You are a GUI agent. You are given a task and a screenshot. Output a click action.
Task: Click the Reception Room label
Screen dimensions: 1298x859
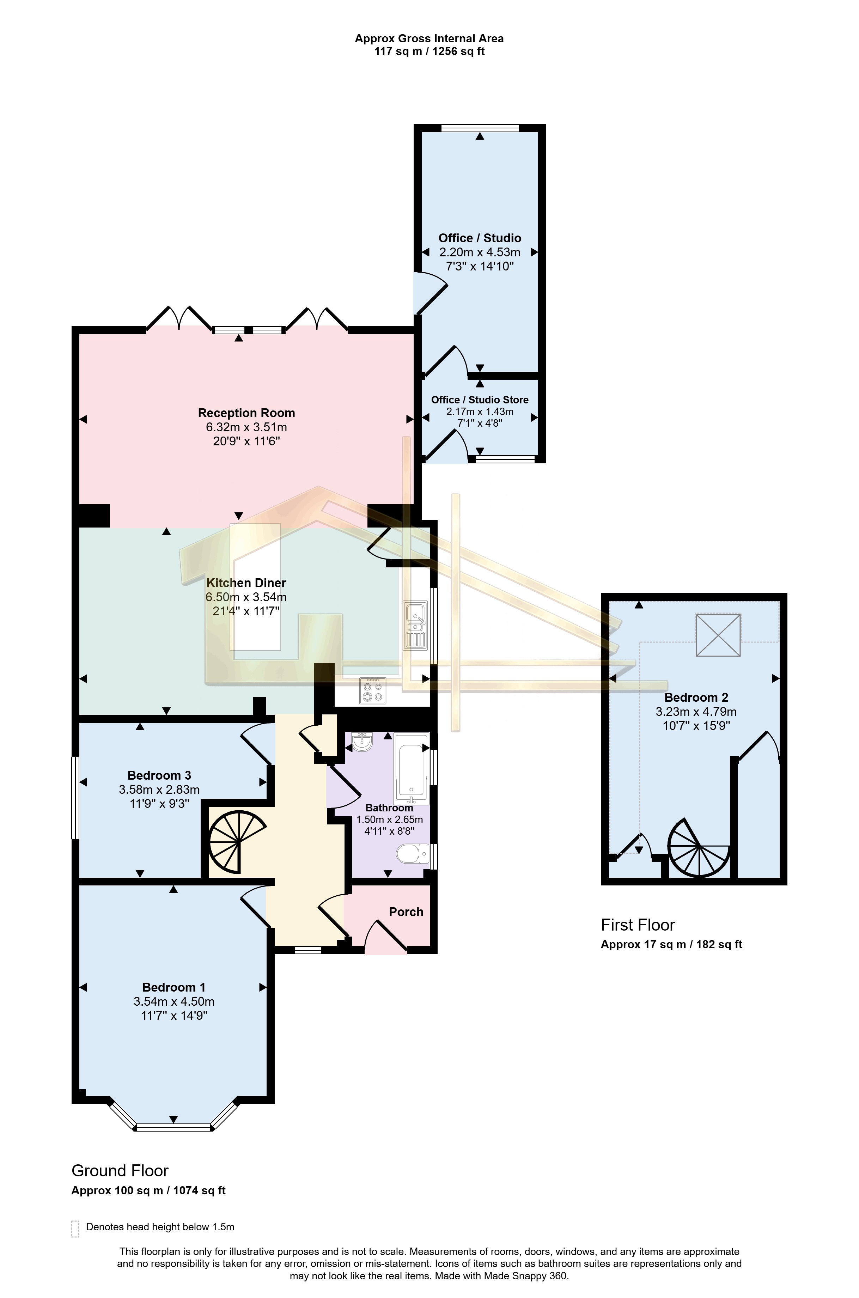[x=246, y=413]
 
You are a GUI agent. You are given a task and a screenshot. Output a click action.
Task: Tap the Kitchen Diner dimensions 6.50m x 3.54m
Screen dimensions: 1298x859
[x=246, y=597]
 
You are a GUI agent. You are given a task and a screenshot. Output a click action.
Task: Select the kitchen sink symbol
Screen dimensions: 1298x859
[x=415, y=626]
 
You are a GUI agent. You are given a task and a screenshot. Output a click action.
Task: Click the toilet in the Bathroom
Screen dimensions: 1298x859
[x=412, y=853]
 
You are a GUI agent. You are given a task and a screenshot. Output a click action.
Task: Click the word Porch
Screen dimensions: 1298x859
[x=406, y=912]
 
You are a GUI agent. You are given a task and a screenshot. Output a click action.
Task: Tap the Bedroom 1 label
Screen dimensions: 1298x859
[x=173, y=987]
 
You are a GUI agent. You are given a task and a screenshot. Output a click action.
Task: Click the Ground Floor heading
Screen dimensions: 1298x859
[x=120, y=1170]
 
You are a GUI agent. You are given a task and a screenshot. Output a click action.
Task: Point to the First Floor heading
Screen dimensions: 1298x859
[x=638, y=925]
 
